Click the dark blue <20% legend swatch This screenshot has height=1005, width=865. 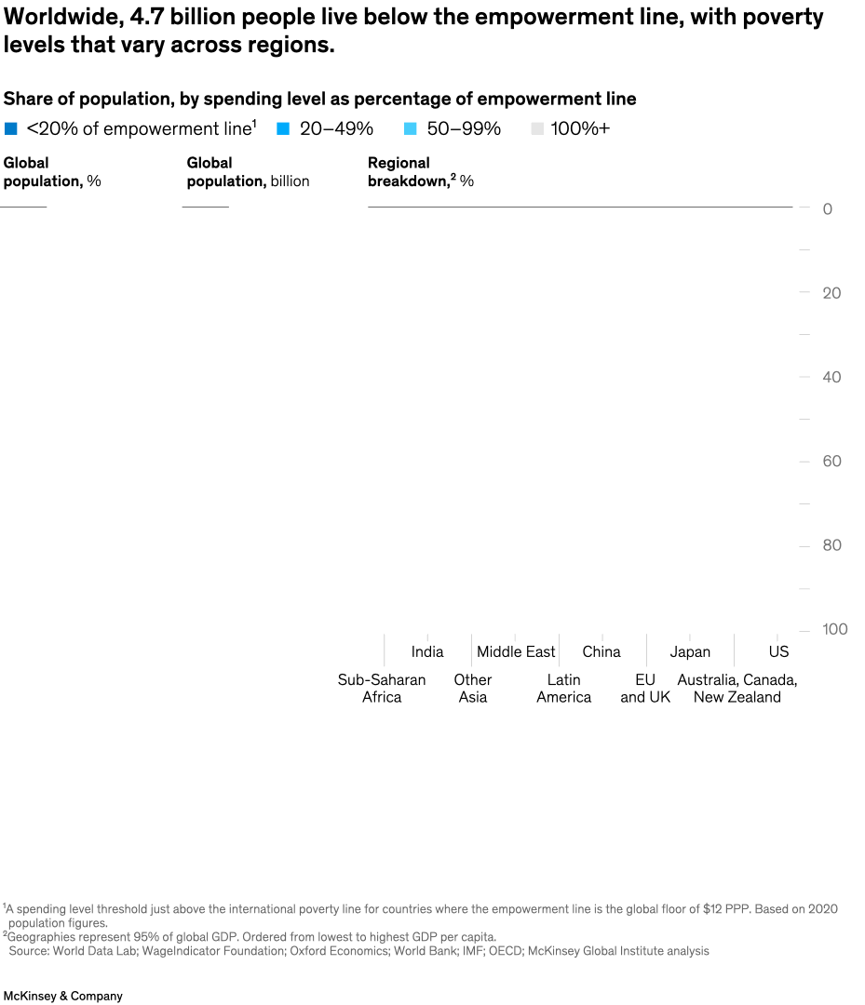(11, 129)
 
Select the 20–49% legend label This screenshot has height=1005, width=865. (336, 129)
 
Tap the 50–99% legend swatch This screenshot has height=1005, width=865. (411, 129)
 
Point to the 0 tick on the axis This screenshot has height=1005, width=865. (827, 209)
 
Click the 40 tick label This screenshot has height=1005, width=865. (831, 377)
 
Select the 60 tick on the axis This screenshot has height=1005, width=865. (831, 462)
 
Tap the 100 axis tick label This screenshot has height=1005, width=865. (834, 630)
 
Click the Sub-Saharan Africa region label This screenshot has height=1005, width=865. (382, 689)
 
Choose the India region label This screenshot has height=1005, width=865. (427, 652)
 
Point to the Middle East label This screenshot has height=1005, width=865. (516, 652)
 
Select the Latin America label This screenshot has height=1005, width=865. (563, 689)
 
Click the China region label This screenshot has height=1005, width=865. (601, 652)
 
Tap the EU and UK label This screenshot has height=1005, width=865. (645, 689)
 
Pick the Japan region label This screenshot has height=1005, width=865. (690, 652)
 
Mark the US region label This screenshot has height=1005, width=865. (778, 652)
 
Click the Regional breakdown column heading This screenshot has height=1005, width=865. (419, 172)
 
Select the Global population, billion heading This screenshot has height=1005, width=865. (248, 172)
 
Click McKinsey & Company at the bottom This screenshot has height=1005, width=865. (62, 996)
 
